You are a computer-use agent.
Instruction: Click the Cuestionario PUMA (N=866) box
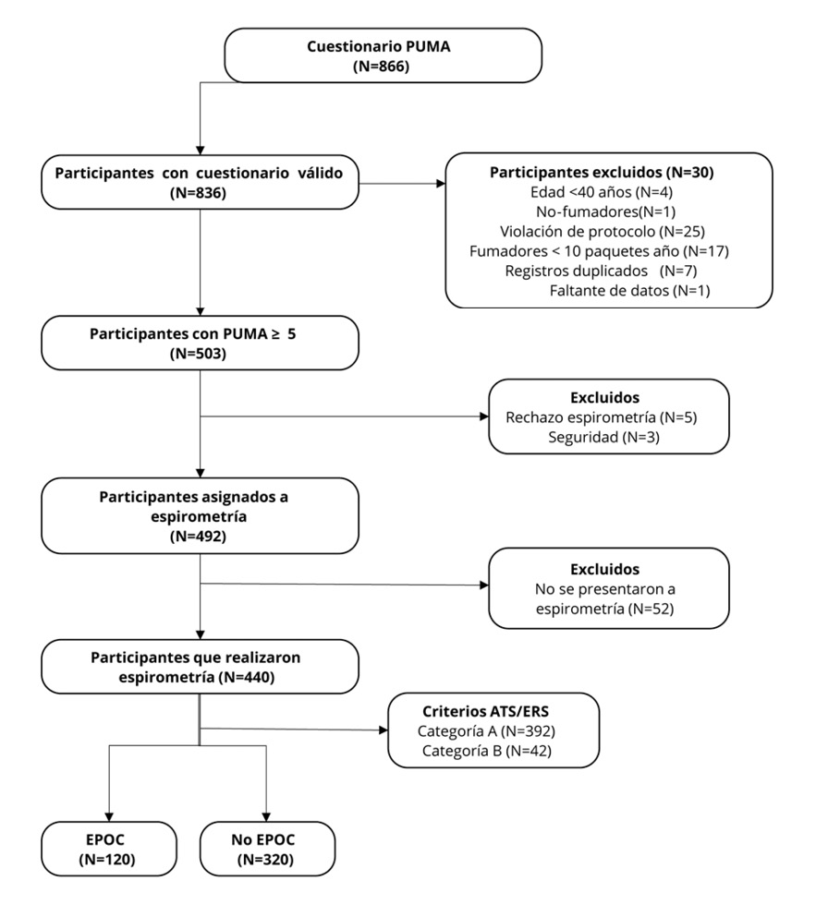[x=383, y=55]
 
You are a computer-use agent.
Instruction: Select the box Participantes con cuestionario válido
[x=200, y=182]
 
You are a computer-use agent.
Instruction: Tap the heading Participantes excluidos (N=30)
[x=602, y=172]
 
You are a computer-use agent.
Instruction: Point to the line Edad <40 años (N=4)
[x=602, y=192]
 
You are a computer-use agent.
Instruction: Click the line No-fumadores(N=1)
[x=606, y=211]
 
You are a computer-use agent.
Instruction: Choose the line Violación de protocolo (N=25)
[x=603, y=232]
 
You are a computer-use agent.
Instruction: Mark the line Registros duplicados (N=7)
[x=601, y=271]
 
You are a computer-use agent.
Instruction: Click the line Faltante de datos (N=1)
[x=629, y=290]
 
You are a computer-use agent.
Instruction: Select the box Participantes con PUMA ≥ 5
[x=200, y=343]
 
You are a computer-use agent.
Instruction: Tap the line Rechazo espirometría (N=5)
[x=602, y=417]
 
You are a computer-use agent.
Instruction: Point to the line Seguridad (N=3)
[x=603, y=437]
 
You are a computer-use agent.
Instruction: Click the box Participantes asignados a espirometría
[x=200, y=516]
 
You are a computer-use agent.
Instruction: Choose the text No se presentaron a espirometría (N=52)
[x=604, y=599]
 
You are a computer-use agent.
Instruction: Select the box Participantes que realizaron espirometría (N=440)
[x=200, y=667]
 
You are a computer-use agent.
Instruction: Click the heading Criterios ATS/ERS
[x=486, y=711]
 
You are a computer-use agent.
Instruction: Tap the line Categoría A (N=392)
[x=486, y=731]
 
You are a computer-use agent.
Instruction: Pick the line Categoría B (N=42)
[x=486, y=751]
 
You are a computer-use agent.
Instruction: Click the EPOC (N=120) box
[x=108, y=849]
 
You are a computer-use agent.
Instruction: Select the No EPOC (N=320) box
[x=267, y=849]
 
